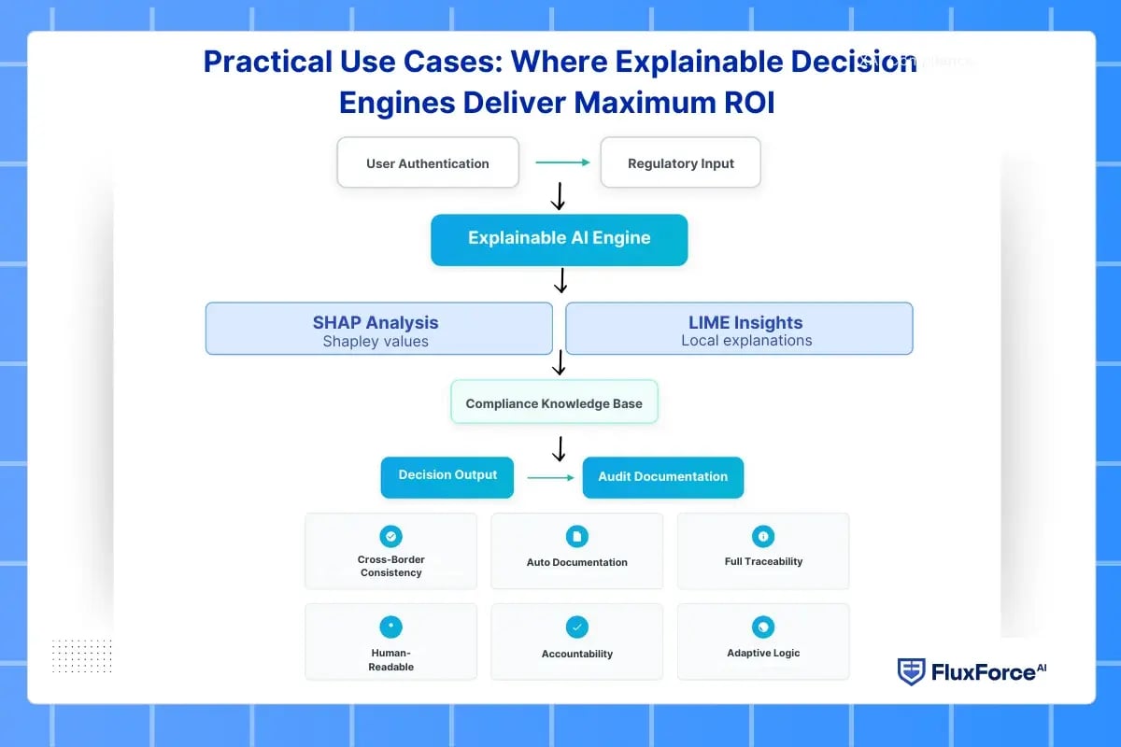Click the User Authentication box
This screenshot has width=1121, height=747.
tap(427, 162)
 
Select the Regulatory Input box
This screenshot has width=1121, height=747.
tap(680, 162)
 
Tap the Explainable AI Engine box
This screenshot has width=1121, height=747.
tap(559, 239)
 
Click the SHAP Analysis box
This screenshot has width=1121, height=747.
tap(378, 328)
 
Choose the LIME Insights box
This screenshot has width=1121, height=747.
tap(739, 328)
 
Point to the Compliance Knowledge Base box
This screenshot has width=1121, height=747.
tap(554, 402)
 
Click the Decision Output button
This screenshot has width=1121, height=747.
tap(447, 476)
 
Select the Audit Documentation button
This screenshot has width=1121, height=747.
tap(662, 476)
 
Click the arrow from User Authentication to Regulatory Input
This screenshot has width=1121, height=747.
tap(562, 162)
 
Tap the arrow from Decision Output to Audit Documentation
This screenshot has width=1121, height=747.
tap(550, 477)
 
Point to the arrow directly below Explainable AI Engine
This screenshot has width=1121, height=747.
tap(560, 280)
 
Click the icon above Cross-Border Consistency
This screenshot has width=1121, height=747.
tap(390, 536)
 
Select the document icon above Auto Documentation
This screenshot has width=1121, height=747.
tap(576, 536)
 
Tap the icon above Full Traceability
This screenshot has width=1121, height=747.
tap(763, 536)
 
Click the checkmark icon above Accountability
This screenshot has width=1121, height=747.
tap(576, 627)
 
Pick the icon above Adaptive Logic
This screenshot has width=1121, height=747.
tap(763, 627)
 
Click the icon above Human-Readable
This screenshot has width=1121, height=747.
tap(390, 627)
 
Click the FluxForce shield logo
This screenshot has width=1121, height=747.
tap(911, 671)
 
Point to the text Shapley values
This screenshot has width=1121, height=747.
tap(376, 342)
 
